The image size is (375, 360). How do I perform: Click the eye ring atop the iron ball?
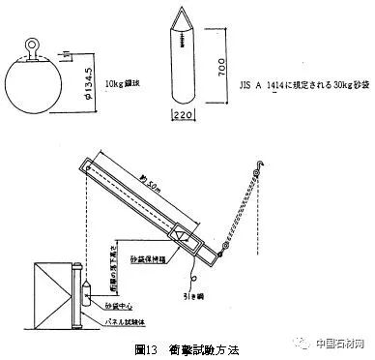[31, 44]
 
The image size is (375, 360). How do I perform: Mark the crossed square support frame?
[39, 291]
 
